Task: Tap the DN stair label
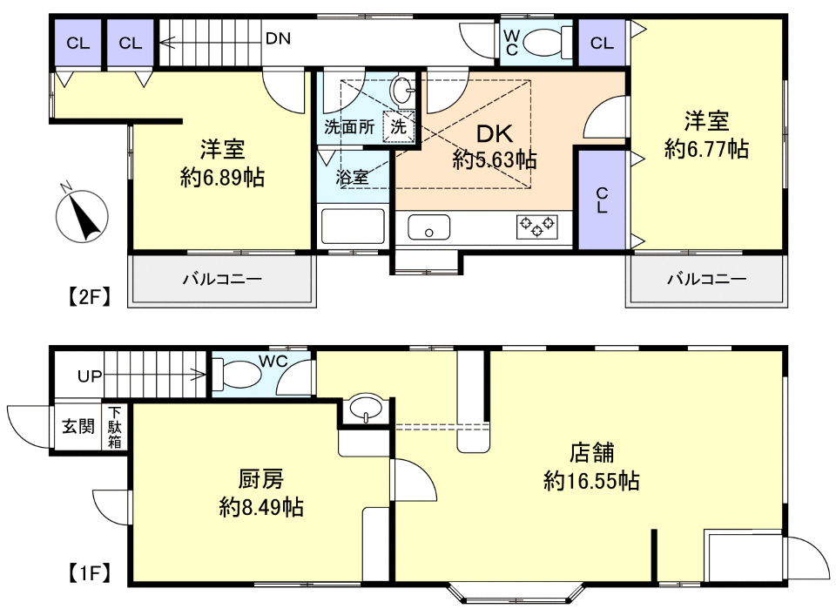[x=278, y=38]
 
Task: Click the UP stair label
[x=90, y=376]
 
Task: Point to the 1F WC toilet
[x=237, y=374]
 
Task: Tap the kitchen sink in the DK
[x=428, y=227]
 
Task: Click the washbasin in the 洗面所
[x=402, y=90]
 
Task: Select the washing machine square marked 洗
[x=398, y=126]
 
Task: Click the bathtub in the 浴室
[x=353, y=227]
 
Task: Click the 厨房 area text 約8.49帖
[x=261, y=506]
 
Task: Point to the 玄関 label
[x=78, y=426]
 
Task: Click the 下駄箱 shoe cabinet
[x=115, y=427]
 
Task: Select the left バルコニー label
[x=222, y=279]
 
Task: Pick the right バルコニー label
[x=706, y=279]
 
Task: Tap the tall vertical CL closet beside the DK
[x=602, y=200]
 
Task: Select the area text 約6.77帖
[x=706, y=149]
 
